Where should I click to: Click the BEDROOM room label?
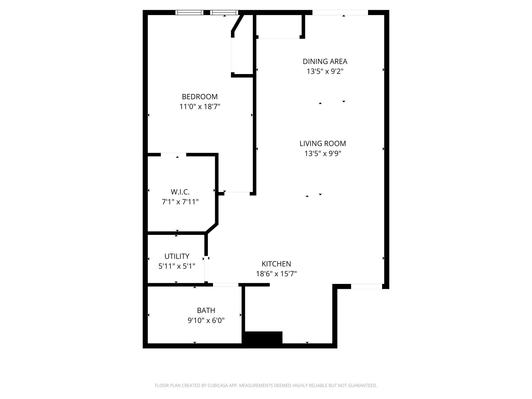click(x=199, y=97)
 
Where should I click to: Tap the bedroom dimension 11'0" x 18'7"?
click(x=199, y=107)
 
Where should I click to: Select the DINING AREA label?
click(x=325, y=62)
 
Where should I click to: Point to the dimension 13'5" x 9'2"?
click(x=325, y=71)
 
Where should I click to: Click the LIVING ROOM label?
click(x=323, y=143)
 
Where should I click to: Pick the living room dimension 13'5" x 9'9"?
click(x=323, y=154)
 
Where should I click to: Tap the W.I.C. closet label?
click(x=180, y=192)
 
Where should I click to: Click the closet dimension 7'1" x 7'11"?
click(x=180, y=202)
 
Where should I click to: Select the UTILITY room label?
click(x=177, y=256)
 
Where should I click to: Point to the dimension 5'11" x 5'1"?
click(x=177, y=266)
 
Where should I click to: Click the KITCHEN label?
click(x=276, y=264)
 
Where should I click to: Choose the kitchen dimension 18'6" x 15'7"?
click(x=276, y=274)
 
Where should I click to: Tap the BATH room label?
click(x=206, y=310)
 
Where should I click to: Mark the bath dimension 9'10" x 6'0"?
click(x=206, y=320)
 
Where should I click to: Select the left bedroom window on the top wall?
click(x=189, y=12)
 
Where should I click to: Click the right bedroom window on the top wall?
click(x=224, y=12)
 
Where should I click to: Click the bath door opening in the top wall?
click(x=225, y=285)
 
